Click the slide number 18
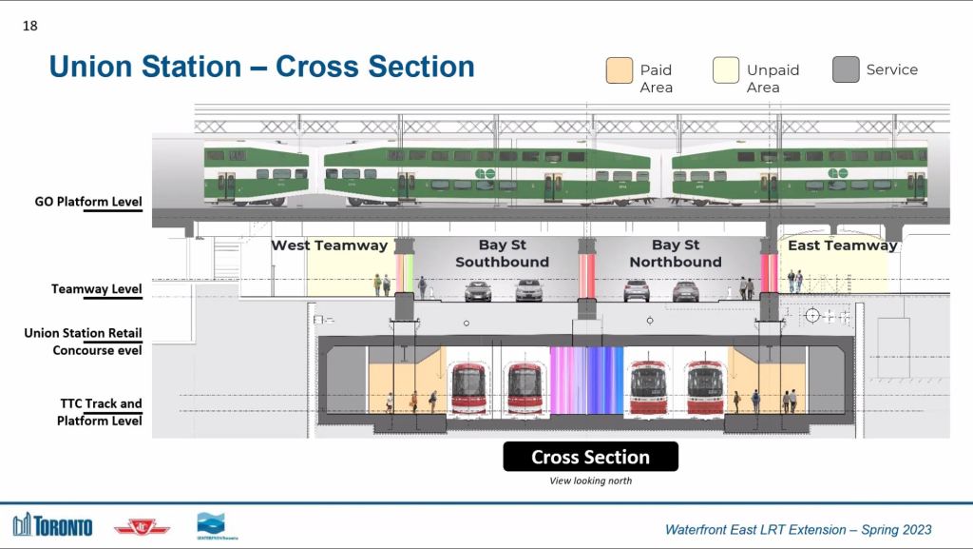(29, 26)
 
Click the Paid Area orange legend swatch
(619, 70)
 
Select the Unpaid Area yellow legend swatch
(725, 70)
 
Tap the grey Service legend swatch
(845, 69)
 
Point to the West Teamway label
(330, 245)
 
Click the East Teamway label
(843, 245)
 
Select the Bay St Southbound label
(502, 253)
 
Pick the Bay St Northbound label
(676, 253)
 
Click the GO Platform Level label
(88, 201)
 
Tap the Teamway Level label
(96, 289)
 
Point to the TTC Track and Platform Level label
(99, 412)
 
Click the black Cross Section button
(590, 457)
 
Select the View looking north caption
(590, 480)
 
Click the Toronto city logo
(53, 525)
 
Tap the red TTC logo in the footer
(142, 528)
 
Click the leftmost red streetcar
(468, 388)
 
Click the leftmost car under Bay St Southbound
(478, 291)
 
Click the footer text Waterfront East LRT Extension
(755, 530)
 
